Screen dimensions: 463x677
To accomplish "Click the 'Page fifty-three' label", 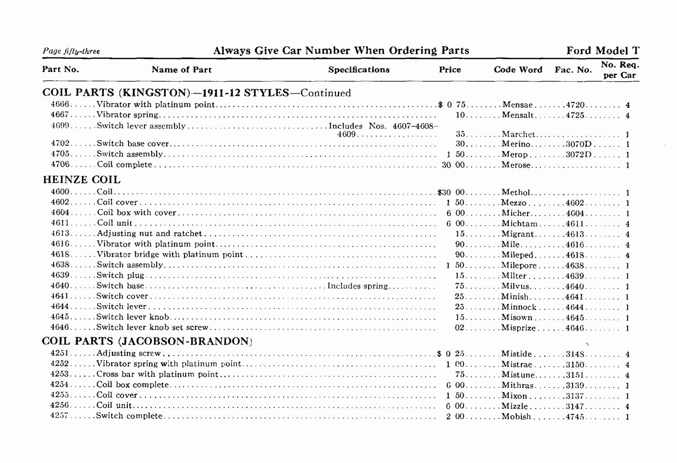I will (71, 51).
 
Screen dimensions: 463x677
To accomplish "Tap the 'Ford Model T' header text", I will (603, 51).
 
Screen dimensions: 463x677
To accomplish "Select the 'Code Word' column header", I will (518, 70).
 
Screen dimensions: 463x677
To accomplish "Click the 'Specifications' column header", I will (359, 70).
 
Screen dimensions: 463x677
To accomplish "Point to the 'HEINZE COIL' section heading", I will (82, 180).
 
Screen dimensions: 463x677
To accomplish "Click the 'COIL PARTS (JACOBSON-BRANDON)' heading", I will (147, 341).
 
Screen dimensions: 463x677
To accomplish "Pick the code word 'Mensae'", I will (517, 105).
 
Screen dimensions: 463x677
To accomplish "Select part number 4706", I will (60, 165).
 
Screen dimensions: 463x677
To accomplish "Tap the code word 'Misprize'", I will (518, 328).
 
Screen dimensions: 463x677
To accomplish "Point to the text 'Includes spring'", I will (358, 286).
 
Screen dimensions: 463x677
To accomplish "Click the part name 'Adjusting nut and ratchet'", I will (149, 234).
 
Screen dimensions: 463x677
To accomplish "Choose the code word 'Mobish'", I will (516, 416).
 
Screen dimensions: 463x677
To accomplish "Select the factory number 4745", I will (575, 416).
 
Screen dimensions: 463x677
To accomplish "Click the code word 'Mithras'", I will (517, 385).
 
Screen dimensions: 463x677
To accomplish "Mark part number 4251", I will (60, 353).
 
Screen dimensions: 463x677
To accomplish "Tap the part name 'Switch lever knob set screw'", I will (152, 328).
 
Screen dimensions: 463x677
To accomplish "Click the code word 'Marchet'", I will (518, 135).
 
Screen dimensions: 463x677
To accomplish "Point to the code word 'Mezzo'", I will (514, 203).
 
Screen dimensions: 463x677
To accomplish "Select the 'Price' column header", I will (450, 70).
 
